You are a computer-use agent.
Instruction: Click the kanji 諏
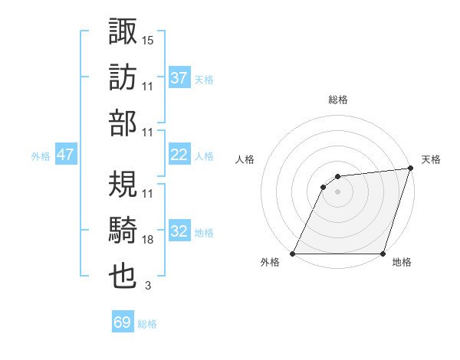click(x=123, y=31)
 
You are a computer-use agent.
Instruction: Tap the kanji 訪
click(x=123, y=77)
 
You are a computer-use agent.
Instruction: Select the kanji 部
click(x=123, y=124)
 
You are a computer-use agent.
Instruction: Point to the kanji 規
click(x=123, y=185)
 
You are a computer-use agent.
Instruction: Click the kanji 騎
click(x=123, y=231)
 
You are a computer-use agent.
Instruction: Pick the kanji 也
click(x=123, y=278)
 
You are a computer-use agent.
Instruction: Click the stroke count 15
click(x=148, y=39)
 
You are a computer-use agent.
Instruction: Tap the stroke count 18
click(x=148, y=240)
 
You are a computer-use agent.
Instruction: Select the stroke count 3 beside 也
click(x=147, y=286)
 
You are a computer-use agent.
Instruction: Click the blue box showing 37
click(x=179, y=77)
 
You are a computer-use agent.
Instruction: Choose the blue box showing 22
click(x=179, y=155)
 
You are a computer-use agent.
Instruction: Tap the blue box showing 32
click(x=179, y=231)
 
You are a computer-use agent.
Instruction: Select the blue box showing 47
click(x=65, y=155)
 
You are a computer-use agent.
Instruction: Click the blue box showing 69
click(x=122, y=322)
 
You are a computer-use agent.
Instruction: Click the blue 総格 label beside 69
click(x=147, y=324)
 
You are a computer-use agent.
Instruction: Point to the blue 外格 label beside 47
click(x=41, y=156)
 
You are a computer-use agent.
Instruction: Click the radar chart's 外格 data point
click(x=292, y=254)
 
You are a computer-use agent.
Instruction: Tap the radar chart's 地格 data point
click(x=383, y=254)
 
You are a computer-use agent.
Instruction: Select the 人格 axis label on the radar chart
click(x=246, y=159)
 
